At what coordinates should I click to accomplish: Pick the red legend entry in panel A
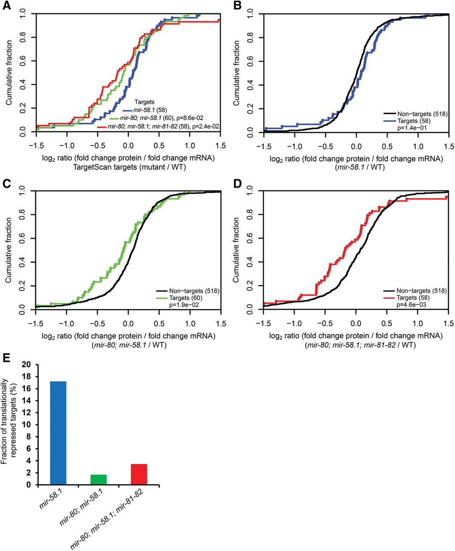pos(163,128)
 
